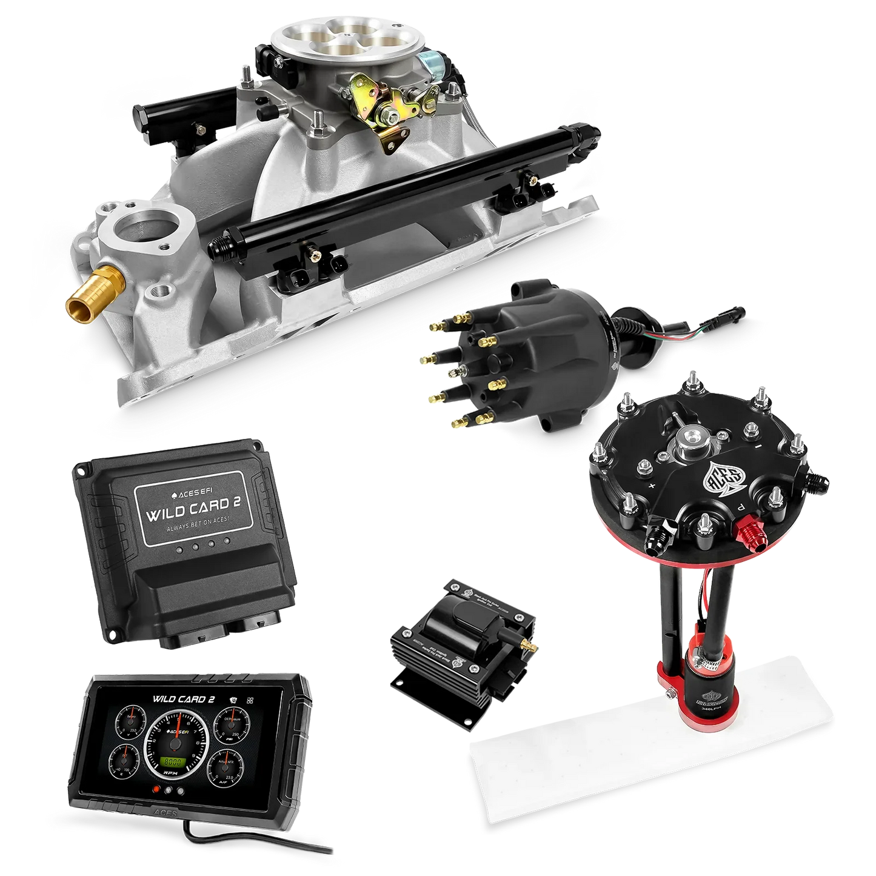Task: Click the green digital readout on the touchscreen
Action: pyautogui.click(x=177, y=761)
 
